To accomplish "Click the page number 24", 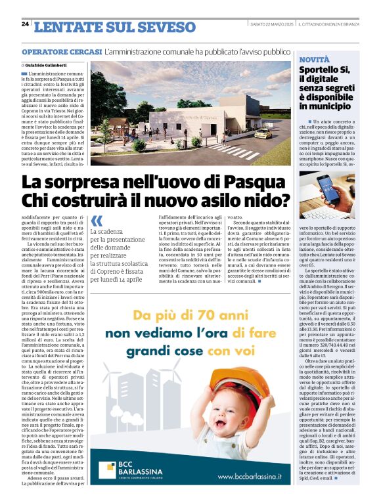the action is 25,24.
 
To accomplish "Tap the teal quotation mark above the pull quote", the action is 97,221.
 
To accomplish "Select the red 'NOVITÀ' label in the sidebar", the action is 314,60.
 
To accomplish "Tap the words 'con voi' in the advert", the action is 250,351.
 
